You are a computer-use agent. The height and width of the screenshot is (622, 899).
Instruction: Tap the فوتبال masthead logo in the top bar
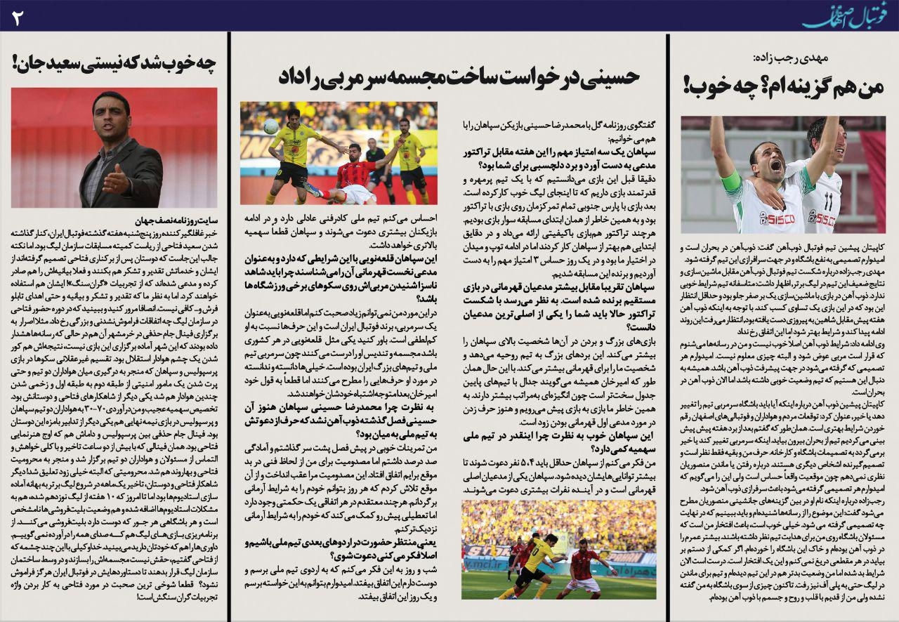coord(847,15)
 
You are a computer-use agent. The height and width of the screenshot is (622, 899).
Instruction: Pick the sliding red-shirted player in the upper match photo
coord(344,176)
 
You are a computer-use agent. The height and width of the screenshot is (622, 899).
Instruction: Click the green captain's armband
coord(731,181)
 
